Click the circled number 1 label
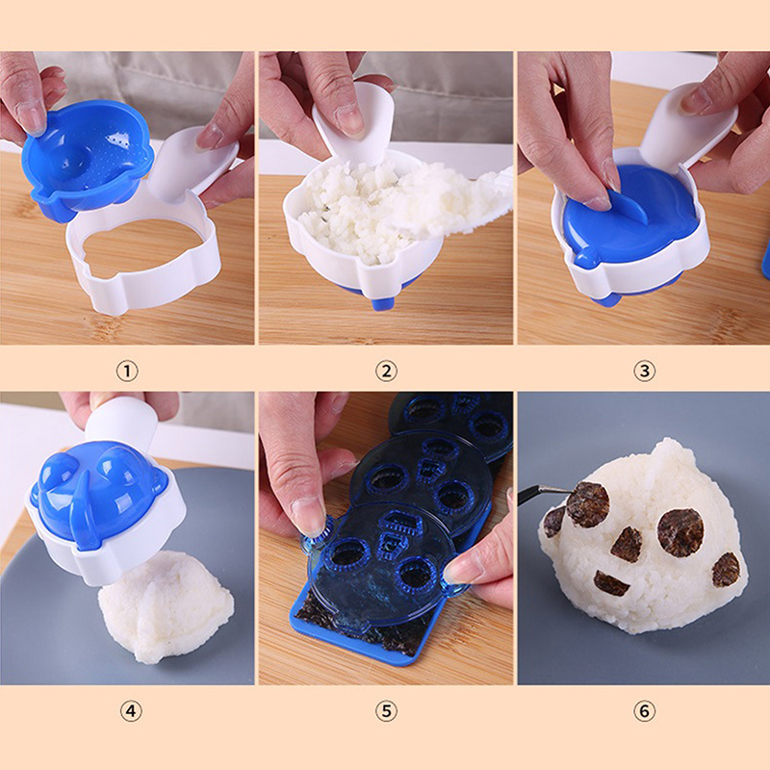pos(127,371)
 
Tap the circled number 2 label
pos(386,371)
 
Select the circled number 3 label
pos(644,371)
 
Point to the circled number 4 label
pos(131,710)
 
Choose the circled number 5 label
pos(386,710)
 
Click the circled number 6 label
pos(644,710)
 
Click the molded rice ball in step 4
pos(167,606)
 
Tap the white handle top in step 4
pos(125,422)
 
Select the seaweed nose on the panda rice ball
pos(627,544)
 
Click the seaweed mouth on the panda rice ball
pos(612,582)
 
